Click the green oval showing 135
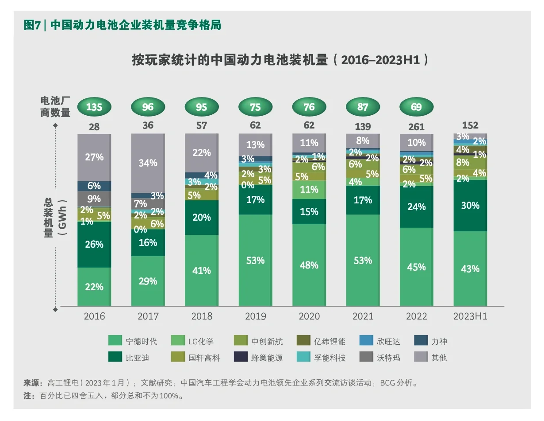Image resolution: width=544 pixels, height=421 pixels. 94,107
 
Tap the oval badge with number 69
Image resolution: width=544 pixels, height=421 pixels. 416,107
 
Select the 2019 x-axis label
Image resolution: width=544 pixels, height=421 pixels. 255,316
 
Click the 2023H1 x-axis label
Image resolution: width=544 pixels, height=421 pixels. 470,316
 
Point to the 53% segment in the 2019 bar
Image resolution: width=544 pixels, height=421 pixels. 255,260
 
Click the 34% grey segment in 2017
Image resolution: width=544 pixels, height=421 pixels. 148,163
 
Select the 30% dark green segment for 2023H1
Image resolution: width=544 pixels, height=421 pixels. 470,205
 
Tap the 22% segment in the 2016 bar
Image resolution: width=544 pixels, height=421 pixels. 94,287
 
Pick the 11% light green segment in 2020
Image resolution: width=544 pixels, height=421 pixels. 309,189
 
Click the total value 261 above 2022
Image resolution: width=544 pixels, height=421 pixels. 416,127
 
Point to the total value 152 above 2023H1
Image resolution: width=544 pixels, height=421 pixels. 470,125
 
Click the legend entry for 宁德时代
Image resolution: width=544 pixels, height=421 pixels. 133,341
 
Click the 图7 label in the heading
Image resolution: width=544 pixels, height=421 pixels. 32,25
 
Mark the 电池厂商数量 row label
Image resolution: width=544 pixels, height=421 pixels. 56,106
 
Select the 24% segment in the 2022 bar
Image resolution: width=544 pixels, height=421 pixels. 416,207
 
